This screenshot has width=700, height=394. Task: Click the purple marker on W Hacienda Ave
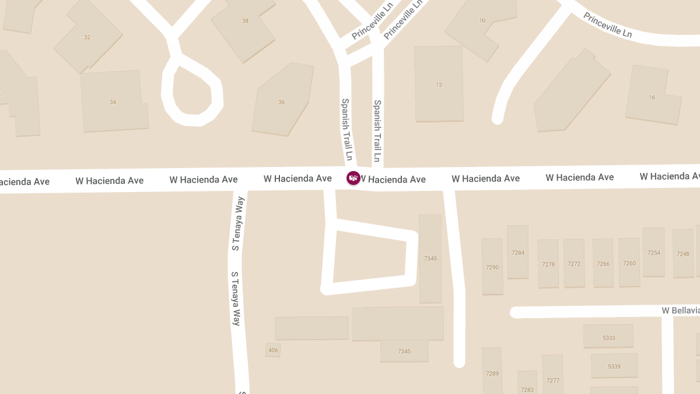click(x=353, y=178)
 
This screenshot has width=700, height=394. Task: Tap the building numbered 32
click(x=87, y=37)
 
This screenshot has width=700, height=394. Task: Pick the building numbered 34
click(x=113, y=102)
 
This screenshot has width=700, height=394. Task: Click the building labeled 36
click(x=281, y=102)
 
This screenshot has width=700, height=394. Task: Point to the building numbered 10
click(x=482, y=21)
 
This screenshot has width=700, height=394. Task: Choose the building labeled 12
click(x=439, y=85)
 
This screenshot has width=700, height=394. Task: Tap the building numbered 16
click(x=652, y=97)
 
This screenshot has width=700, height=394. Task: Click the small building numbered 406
click(x=273, y=350)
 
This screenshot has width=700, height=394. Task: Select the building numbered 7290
click(x=492, y=267)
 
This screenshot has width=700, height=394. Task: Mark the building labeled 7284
click(x=517, y=253)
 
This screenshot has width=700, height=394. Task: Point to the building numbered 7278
click(x=548, y=264)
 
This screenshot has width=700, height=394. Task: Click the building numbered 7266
click(x=603, y=264)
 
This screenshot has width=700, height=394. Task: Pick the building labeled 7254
click(x=653, y=253)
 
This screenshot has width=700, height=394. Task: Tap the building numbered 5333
click(x=608, y=337)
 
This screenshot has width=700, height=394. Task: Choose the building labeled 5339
click(x=614, y=367)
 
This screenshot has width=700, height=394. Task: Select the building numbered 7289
click(x=492, y=373)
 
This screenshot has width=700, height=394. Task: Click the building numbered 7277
click(x=552, y=380)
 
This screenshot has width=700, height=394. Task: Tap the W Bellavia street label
click(x=680, y=311)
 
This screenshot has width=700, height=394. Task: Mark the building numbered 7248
click(x=682, y=254)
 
